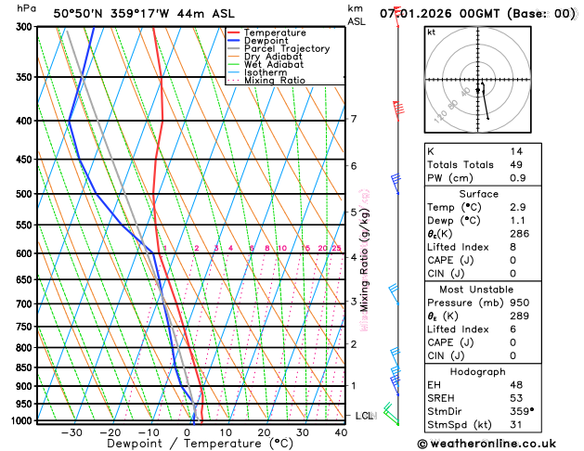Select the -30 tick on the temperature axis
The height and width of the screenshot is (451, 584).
click(x=71, y=432)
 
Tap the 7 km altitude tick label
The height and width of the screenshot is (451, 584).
click(x=354, y=119)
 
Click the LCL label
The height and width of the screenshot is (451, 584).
click(x=364, y=416)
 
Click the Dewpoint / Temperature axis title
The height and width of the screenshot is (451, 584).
click(x=188, y=445)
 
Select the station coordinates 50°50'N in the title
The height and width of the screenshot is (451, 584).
click(x=79, y=14)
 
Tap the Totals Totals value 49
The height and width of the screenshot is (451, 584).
click(x=515, y=164)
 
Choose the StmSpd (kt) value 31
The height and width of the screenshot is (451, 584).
click(x=515, y=425)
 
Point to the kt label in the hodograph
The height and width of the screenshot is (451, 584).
click(x=432, y=32)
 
